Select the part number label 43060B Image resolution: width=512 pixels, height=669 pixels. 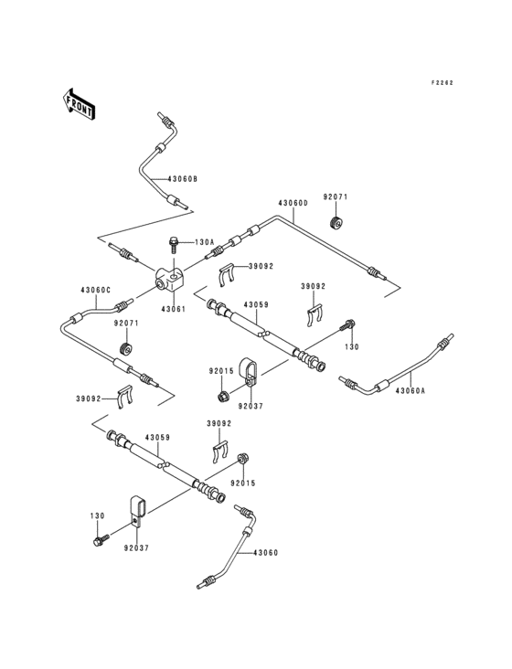(182, 178)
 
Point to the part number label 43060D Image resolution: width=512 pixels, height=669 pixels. (293, 202)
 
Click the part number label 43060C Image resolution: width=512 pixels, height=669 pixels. (95, 290)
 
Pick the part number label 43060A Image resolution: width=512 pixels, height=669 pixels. (411, 391)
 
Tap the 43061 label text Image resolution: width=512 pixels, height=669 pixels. (173, 309)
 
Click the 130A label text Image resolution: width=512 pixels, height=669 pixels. (203, 242)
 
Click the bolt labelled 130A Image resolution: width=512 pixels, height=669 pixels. (173, 243)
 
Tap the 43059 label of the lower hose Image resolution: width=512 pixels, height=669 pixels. (157, 438)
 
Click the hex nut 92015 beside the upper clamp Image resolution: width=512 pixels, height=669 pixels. (222, 396)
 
